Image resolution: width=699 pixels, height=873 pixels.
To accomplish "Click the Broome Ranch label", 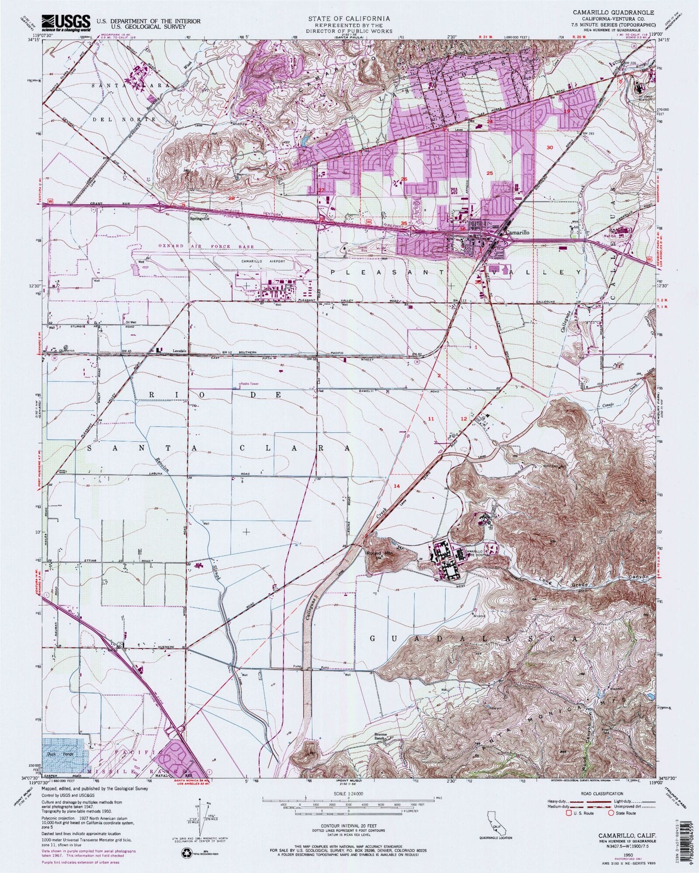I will pos(382,736).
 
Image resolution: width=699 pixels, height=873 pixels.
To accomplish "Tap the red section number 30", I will pos(549,147).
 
